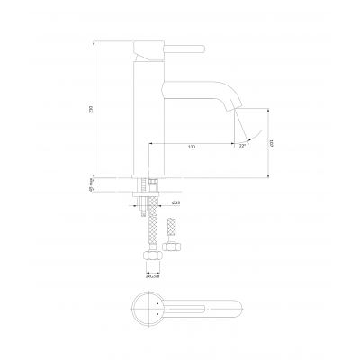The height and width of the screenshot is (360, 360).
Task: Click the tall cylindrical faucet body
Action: [x=147, y=117]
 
